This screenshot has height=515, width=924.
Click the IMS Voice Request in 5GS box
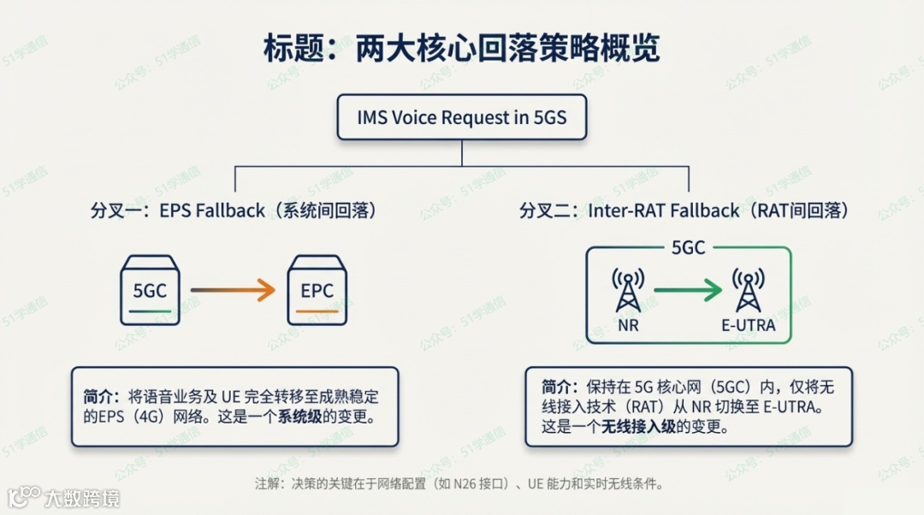[x=461, y=118]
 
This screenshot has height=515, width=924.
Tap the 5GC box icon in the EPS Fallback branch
[x=150, y=290]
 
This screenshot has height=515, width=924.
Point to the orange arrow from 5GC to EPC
[x=233, y=291]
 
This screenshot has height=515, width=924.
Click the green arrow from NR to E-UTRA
[x=688, y=291]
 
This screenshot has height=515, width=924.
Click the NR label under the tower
[x=628, y=326]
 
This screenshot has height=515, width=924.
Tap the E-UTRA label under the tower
[x=749, y=326]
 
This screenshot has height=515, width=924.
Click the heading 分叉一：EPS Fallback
[x=234, y=210]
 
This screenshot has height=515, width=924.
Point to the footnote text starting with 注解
[x=461, y=483]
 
